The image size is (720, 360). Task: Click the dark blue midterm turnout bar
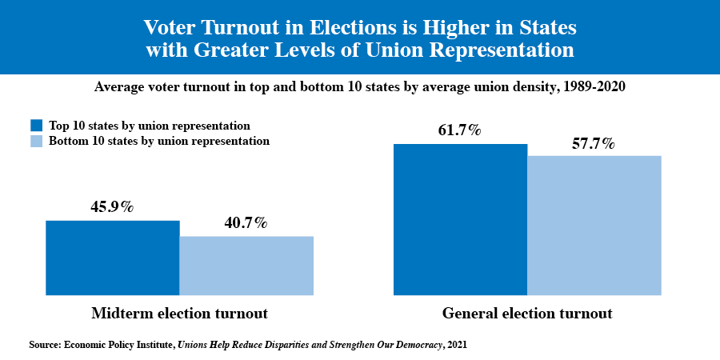[x=113, y=258]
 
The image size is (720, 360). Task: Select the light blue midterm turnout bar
[x=246, y=266]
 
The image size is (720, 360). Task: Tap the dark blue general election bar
[x=460, y=219]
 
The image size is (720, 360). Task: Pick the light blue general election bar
[x=594, y=225]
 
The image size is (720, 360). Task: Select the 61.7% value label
[x=459, y=130]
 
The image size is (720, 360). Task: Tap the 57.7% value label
[x=593, y=143]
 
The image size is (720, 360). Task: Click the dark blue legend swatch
[x=36, y=126]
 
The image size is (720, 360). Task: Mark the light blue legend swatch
[x=36, y=142]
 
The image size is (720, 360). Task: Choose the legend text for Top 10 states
[x=150, y=126]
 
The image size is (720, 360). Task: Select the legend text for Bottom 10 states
[x=159, y=142]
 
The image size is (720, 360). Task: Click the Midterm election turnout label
[x=179, y=313]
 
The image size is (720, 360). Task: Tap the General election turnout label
[x=527, y=313]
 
